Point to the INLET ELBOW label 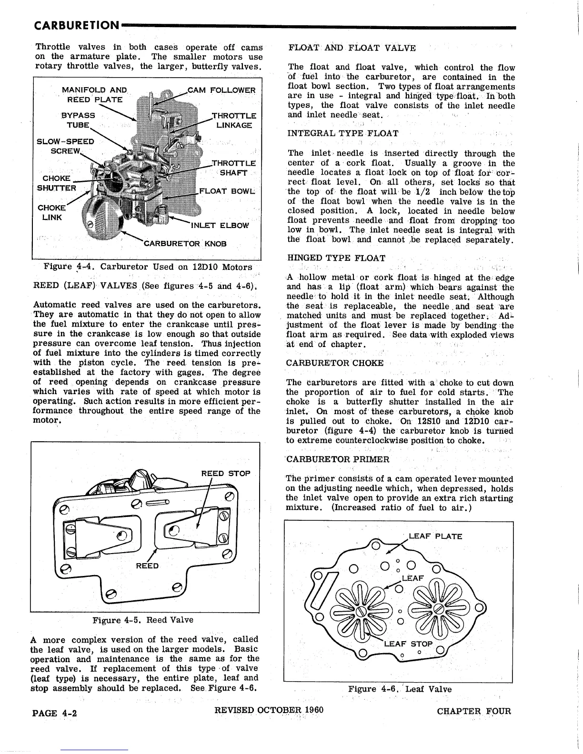(220, 225)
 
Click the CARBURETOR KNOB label (185, 244)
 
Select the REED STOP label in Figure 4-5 (225, 474)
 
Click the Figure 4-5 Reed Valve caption (143, 620)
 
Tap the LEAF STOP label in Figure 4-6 (408, 644)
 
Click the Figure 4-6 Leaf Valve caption (400, 689)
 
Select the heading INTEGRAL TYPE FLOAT (343, 133)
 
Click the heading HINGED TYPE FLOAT (336, 258)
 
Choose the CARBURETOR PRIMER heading (338, 459)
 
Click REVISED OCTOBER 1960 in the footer (269, 710)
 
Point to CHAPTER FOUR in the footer (473, 712)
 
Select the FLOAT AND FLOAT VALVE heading (352, 48)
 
